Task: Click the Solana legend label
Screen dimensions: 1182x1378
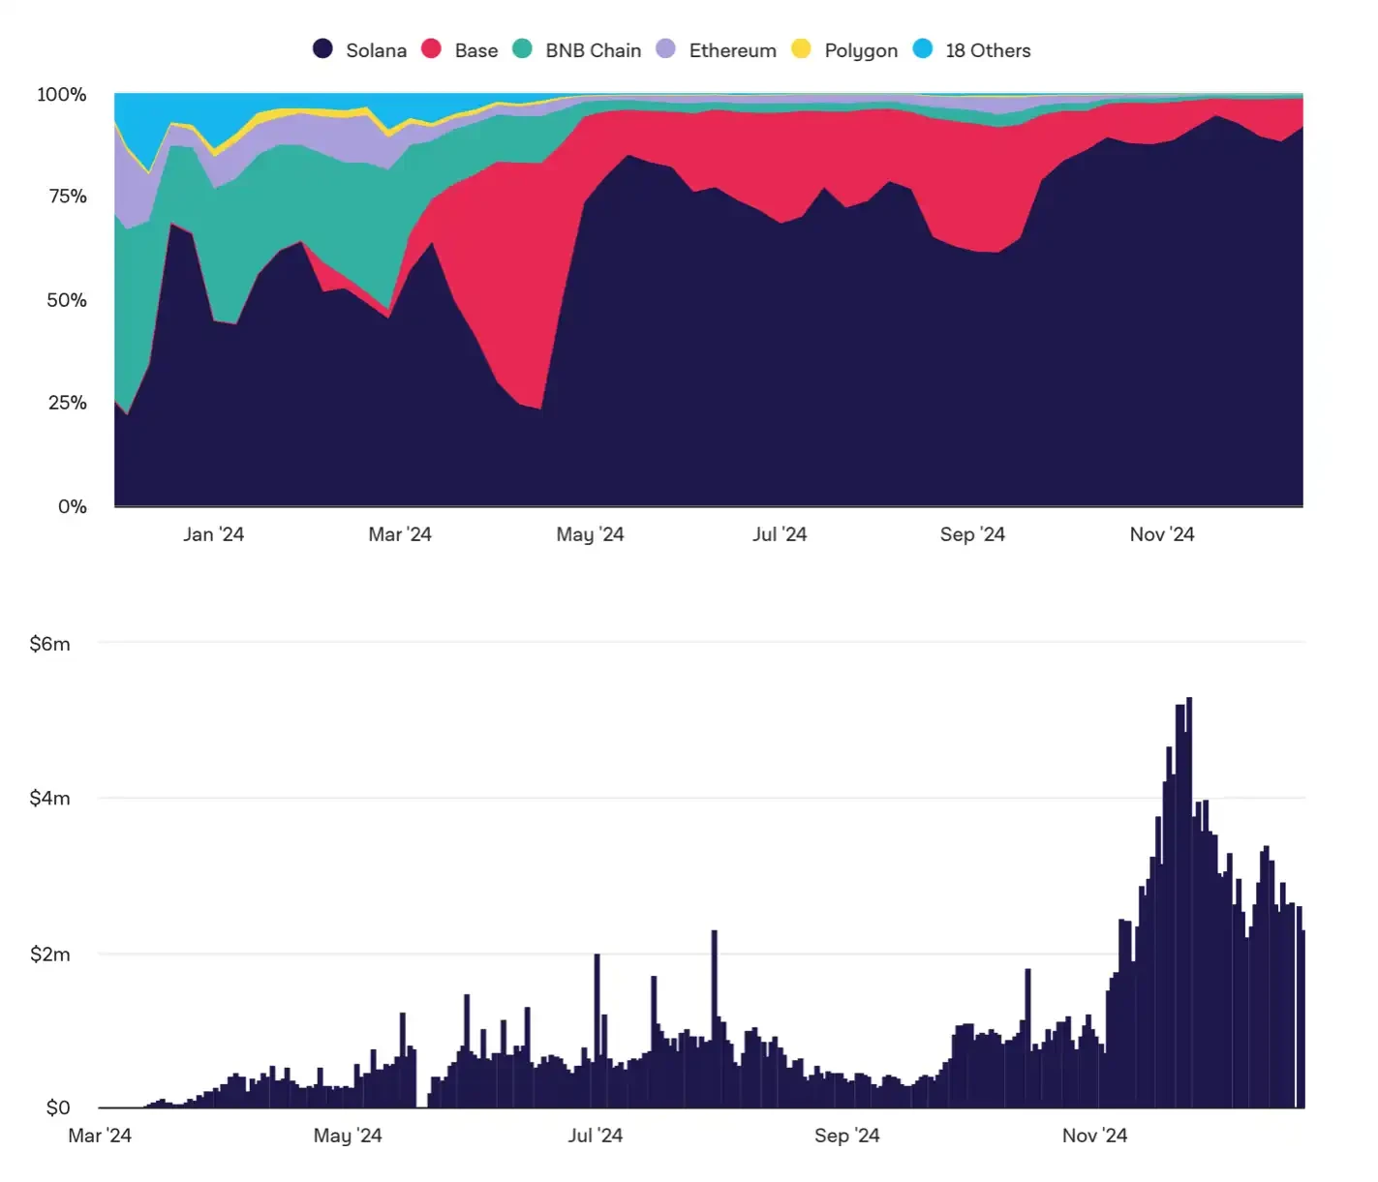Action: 376,50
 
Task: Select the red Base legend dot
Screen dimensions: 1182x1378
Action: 431,48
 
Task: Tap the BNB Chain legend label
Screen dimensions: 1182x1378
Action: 593,50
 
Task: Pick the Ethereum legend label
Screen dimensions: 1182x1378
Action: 732,50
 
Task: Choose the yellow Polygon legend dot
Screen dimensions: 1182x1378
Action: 801,48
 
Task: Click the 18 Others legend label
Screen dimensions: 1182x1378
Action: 988,50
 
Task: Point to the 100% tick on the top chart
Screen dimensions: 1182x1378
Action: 62,95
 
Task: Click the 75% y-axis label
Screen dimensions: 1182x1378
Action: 68,197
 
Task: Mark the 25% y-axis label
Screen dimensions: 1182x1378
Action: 68,403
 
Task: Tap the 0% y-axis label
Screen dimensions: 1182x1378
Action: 73,506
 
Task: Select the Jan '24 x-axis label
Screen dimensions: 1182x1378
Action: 214,534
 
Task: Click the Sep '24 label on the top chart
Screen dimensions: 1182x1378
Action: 972,534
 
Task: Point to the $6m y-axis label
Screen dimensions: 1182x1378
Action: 50,644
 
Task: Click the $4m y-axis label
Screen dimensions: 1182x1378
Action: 50,799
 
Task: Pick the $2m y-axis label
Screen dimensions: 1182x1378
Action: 50,955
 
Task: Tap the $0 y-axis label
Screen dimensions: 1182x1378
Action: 58,1107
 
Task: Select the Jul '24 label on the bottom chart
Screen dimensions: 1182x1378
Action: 595,1136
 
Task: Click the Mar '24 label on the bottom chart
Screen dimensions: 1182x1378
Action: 100,1136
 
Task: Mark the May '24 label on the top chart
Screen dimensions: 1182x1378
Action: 590,534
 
